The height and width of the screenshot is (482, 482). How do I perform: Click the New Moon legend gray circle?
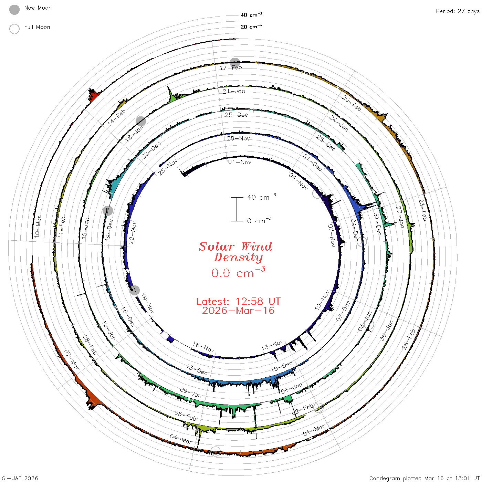pos(14,10)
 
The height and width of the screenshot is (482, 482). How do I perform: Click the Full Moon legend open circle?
pos(14,29)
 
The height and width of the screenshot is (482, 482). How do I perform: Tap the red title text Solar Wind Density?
pos(235,252)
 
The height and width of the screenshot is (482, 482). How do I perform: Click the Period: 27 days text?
pos(458,11)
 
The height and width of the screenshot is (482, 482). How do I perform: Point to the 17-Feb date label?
pos(231,68)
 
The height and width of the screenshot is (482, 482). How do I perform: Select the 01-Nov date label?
pos(240,162)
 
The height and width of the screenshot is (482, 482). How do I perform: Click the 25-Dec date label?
pos(236,115)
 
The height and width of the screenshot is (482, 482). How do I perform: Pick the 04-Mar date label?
pos(181,439)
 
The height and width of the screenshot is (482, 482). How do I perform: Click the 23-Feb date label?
pos(422,210)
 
